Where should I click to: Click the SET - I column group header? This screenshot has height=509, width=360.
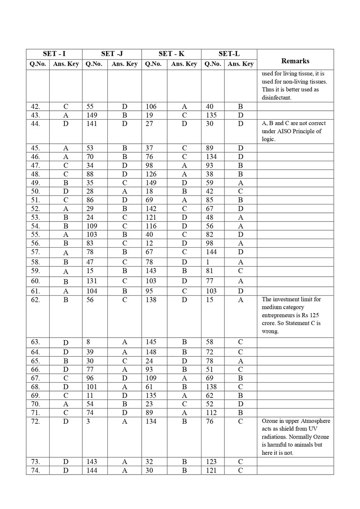point(54,54)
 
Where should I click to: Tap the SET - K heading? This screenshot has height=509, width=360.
point(171,54)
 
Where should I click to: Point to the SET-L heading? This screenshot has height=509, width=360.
point(229,54)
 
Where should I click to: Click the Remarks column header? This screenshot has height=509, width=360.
point(295,61)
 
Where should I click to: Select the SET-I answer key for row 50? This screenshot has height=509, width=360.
point(66,191)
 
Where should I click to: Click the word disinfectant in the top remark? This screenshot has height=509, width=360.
point(279,98)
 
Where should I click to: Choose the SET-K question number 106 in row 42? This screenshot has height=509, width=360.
point(151,106)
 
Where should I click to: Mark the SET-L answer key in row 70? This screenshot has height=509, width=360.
point(240,404)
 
